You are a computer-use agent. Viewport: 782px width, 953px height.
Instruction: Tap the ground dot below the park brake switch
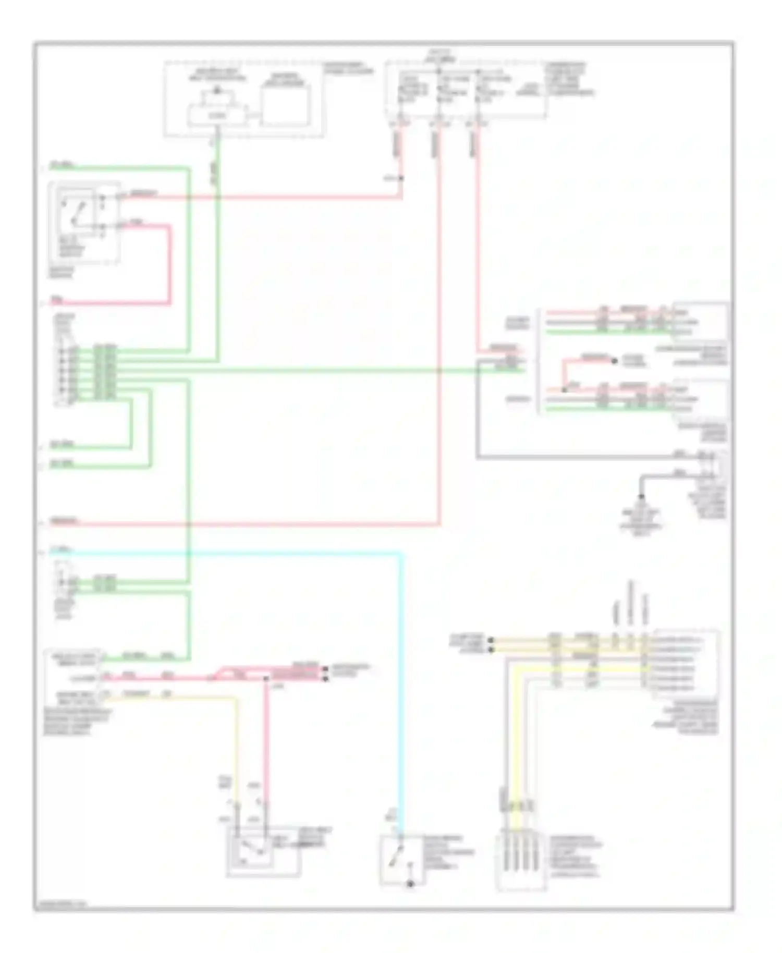pyautogui.click(x=410, y=884)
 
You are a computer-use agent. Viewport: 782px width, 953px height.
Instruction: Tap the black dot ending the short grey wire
pyautogui.click(x=642, y=497)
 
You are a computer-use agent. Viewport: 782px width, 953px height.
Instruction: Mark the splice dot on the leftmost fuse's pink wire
pyautogui.click(x=401, y=178)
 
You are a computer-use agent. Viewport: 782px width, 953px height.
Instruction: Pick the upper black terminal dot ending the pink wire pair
pyautogui.click(x=326, y=668)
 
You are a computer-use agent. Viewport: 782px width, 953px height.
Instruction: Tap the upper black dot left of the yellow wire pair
pyautogui.click(x=490, y=639)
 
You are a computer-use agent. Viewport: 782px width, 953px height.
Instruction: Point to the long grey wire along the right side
pyautogui.click(x=573, y=458)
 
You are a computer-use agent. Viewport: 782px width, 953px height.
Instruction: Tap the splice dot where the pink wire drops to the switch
pyautogui.click(x=266, y=678)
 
